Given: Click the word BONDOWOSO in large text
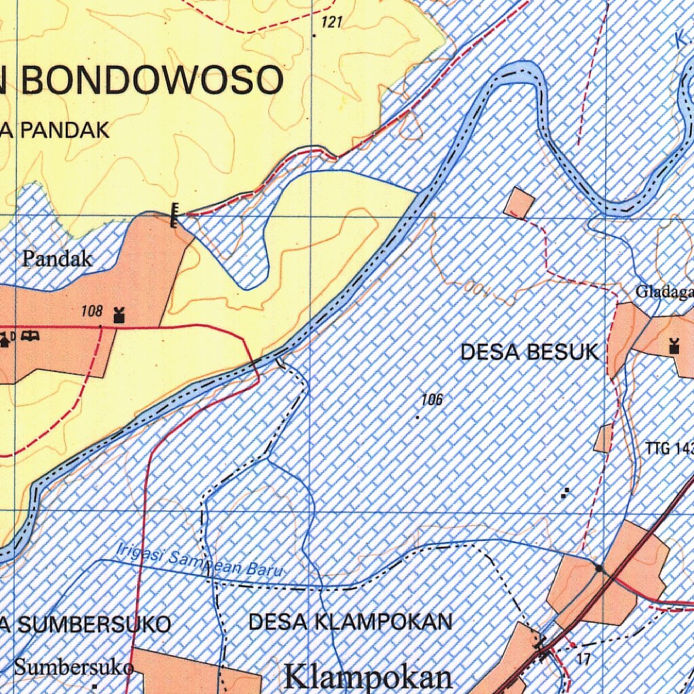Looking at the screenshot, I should [x=152, y=81].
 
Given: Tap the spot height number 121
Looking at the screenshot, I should [x=331, y=23].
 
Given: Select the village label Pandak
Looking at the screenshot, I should [x=58, y=258].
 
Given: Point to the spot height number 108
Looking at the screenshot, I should [x=91, y=312].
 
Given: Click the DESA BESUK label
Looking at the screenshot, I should [x=529, y=352].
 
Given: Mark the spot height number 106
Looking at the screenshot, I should [x=431, y=400].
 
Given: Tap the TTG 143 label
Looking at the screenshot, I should [x=669, y=448].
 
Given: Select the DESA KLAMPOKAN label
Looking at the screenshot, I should [x=350, y=621].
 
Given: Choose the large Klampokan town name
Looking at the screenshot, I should [x=369, y=676].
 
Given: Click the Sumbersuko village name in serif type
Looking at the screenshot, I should [x=73, y=667].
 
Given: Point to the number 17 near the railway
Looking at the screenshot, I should [x=584, y=657].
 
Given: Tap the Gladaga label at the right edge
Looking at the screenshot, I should [x=664, y=292].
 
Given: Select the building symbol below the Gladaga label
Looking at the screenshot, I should [x=674, y=346].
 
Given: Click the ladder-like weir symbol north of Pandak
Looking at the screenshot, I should [x=175, y=215].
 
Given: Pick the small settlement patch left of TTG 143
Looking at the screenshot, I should [x=603, y=438].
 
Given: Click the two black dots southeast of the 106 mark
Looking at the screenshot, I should [x=565, y=493].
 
